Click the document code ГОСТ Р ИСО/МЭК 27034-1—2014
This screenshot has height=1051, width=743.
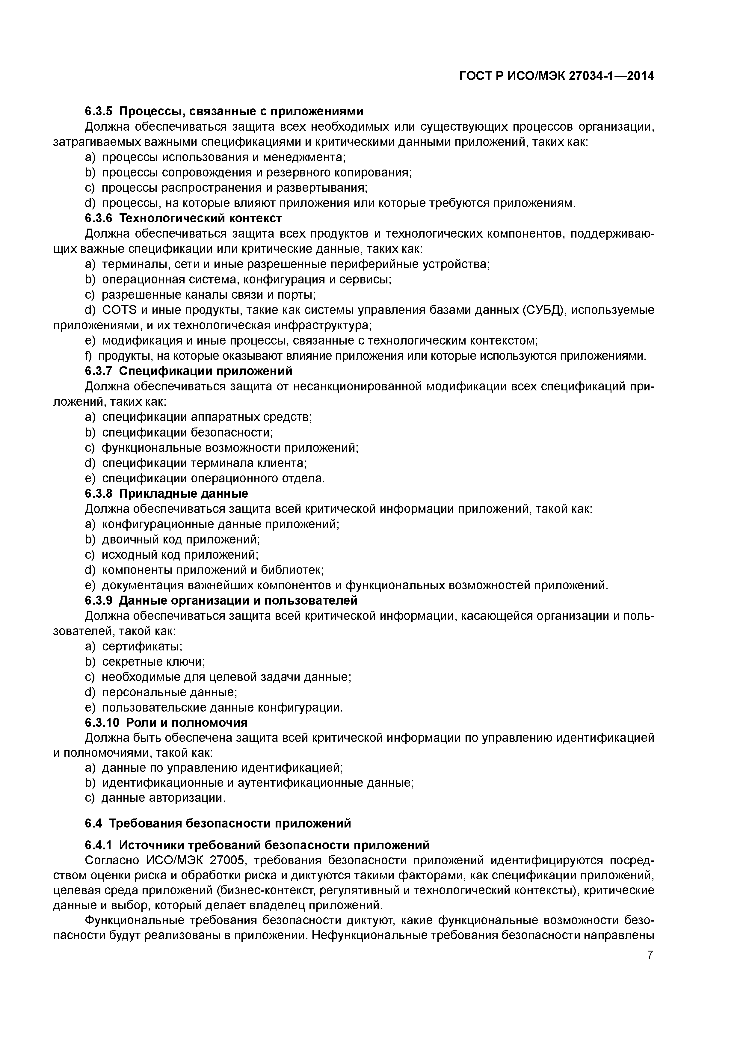click(556, 76)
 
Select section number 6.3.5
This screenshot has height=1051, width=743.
click(99, 111)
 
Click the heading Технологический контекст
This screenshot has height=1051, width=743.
click(204, 218)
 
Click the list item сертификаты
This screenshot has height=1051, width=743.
click(142, 646)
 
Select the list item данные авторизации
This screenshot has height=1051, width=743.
click(164, 798)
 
